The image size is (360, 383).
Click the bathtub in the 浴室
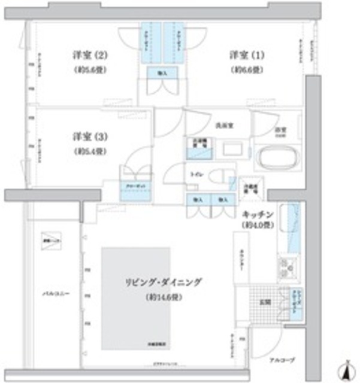tap(276, 159)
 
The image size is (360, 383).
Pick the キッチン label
tap(258, 214)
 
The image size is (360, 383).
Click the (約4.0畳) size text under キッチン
tap(258, 225)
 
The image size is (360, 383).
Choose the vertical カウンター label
tap(241, 259)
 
